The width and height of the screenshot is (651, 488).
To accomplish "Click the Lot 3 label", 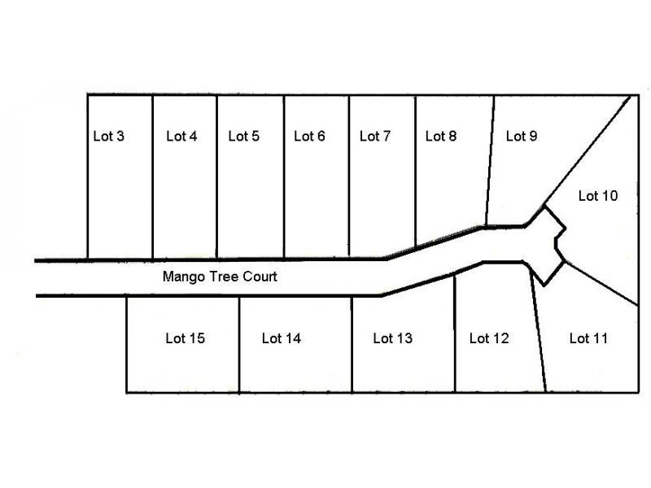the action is (109, 136).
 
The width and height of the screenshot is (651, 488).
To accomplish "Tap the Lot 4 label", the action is (181, 136).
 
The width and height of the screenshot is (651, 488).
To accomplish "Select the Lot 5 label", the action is (243, 136).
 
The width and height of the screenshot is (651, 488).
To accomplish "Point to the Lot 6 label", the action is (309, 136).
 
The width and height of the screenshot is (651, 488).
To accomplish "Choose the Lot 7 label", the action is (375, 136).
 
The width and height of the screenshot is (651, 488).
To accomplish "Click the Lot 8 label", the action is (441, 136).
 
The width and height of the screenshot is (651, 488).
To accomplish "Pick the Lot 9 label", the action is (522, 136).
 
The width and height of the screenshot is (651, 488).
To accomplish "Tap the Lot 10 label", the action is (598, 196).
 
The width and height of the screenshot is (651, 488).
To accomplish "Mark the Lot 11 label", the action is (588, 338).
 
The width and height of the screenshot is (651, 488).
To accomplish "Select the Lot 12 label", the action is (489, 338).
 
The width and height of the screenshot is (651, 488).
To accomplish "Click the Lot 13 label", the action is (393, 338).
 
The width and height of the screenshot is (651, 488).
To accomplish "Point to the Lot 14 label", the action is (282, 338).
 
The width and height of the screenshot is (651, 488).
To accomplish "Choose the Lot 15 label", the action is (186, 338).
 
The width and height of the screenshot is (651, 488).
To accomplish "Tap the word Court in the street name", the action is (260, 277).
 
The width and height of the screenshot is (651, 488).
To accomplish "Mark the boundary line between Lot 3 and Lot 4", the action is (153, 177).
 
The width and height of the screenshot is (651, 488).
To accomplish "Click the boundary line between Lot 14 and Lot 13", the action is (352, 344).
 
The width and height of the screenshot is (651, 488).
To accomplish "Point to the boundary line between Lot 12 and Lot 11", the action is (538, 330).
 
